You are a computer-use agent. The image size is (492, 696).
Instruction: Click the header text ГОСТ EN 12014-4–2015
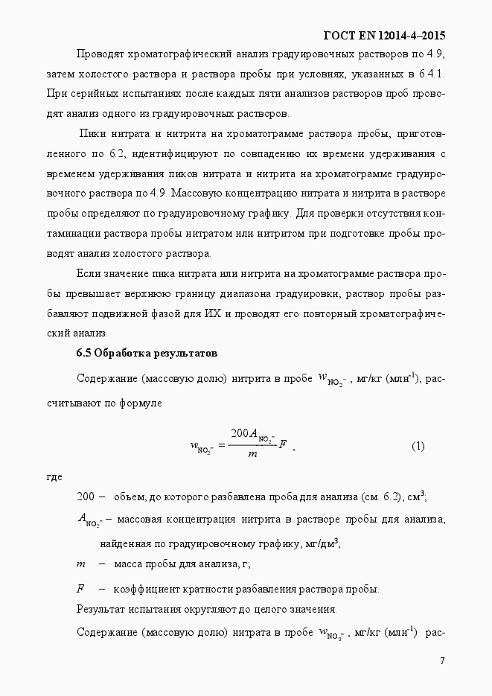[385, 36]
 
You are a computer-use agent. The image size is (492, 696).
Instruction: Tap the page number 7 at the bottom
[442, 661]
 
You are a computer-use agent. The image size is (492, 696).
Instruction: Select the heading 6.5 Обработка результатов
[147, 352]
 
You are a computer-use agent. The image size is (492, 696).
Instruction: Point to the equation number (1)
[418, 447]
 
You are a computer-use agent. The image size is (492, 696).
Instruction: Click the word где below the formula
[54, 476]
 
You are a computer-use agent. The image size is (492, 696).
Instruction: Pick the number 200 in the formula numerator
[239, 434]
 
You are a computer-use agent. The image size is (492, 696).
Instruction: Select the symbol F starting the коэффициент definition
[80, 589]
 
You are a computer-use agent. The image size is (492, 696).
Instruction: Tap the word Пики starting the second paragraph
[93, 133]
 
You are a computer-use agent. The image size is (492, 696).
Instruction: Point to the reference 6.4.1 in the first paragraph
[432, 75]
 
